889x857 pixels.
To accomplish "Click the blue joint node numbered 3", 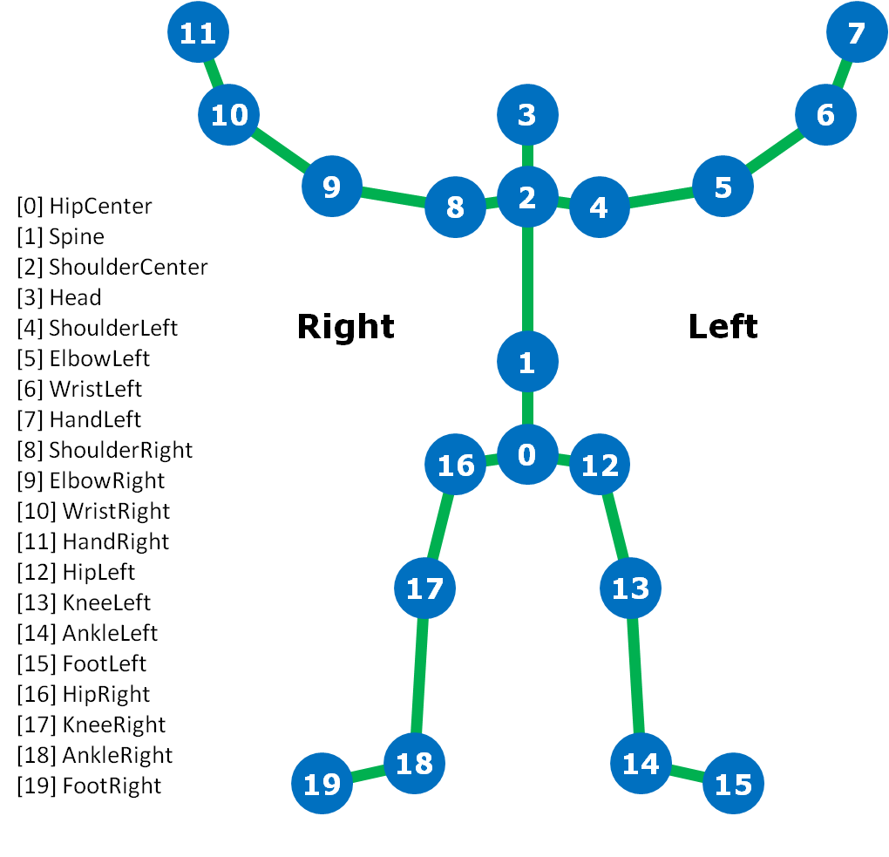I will (x=527, y=115).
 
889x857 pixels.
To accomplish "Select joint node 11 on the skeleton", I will (x=198, y=33).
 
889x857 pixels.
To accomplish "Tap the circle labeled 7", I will (x=857, y=32).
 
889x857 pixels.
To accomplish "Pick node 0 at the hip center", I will (x=527, y=454).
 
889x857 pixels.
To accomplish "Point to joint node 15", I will (x=733, y=784).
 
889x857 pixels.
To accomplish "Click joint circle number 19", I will (x=322, y=784).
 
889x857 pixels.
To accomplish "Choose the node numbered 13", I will (x=630, y=588).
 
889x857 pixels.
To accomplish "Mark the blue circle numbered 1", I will (x=527, y=362).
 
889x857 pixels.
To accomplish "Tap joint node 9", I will (x=332, y=187).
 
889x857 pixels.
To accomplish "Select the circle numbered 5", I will (x=723, y=187).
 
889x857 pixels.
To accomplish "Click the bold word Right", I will (x=345, y=326).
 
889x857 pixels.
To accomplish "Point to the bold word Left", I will (x=723, y=326).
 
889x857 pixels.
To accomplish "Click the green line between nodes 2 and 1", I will (x=527, y=279).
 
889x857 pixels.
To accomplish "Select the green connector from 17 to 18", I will (x=419, y=676).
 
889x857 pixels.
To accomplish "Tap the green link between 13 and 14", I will (x=635, y=676).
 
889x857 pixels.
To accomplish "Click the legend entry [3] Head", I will (x=59, y=297).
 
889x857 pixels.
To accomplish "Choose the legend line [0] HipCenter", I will (x=85, y=206).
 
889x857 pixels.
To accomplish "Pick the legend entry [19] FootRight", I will (x=89, y=786).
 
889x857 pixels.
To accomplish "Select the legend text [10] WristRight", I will (x=93, y=511).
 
